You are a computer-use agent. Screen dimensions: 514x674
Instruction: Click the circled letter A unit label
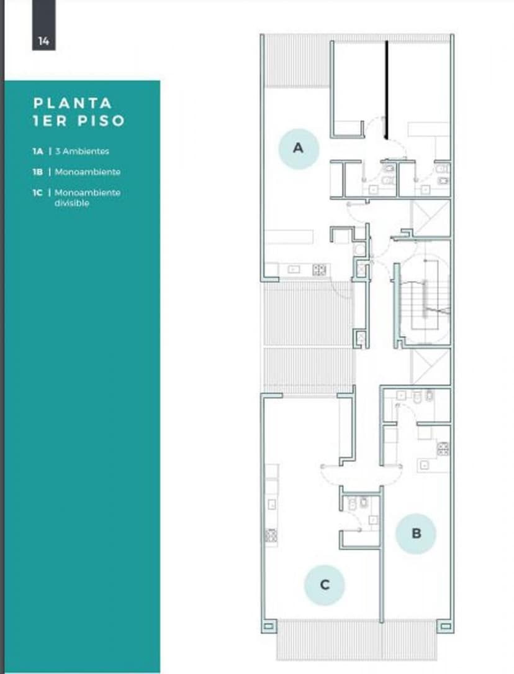pos(299,149)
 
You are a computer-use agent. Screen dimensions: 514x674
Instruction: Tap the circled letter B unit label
pos(416,533)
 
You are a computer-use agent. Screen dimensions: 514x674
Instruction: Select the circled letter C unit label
pos(325,585)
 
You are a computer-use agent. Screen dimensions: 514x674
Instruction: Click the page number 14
pos(43,41)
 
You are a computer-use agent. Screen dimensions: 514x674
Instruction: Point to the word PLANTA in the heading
pos(73,103)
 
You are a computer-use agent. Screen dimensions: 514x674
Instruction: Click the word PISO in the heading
pos(101,121)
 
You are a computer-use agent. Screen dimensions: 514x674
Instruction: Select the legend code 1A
pos(38,151)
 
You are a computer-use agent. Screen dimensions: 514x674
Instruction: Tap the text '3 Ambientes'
pos(82,151)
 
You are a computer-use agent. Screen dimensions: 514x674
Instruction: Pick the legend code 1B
pos(38,172)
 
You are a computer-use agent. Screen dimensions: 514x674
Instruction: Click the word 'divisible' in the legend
pos(71,203)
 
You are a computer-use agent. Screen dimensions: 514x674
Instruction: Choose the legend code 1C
pos(38,193)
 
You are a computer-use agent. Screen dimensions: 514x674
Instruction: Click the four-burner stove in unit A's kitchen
pos(319,269)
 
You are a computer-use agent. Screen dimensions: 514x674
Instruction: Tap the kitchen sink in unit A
pos(294,269)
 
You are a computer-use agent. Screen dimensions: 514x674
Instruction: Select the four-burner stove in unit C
pos(271,535)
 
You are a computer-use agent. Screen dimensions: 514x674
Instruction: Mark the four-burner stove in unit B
pos(443,448)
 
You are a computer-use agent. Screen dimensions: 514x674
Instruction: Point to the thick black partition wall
pos(386,90)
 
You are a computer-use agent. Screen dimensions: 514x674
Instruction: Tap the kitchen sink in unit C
pos(271,504)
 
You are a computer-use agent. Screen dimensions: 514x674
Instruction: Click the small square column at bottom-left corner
pos(268,626)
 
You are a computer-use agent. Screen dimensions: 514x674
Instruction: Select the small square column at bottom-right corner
pos(446,626)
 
